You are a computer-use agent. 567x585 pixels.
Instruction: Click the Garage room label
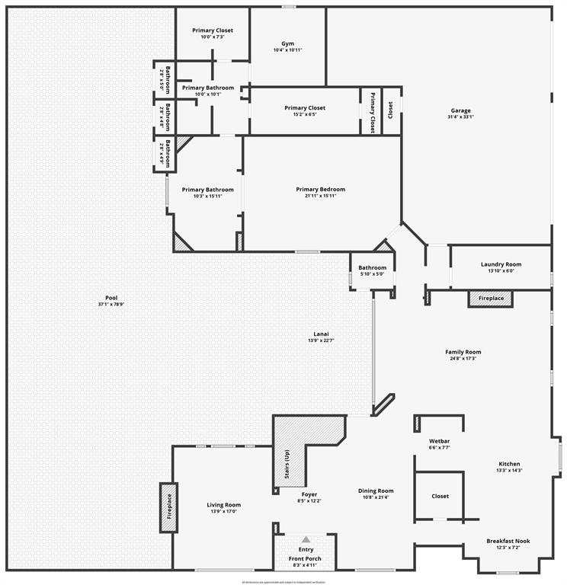[x=460, y=110]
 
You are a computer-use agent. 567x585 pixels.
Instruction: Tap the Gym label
[x=287, y=44]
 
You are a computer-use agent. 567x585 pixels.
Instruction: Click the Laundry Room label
[x=501, y=264]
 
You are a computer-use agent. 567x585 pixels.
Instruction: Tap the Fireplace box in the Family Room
[x=491, y=299]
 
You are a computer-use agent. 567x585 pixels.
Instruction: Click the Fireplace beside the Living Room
[x=168, y=508]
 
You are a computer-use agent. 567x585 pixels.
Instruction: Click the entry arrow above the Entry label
[x=306, y=539]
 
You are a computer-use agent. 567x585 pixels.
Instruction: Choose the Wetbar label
[x=439, y=441]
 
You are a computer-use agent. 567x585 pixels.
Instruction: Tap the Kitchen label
[x=510, y=464]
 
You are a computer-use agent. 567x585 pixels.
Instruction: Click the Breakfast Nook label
[x=508, y=541]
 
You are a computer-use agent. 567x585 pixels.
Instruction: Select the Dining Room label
[x=376, y=491]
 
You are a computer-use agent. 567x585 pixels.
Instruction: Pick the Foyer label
[x=309, y=494]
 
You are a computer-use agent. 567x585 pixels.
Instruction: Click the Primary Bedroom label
[x=320, y=190]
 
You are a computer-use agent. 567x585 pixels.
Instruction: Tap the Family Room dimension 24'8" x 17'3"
[x=463, y=359]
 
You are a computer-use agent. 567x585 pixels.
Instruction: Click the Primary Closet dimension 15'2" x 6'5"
[x=305, y=115]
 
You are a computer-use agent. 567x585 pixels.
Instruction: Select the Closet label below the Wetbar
[x=440, y=496]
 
